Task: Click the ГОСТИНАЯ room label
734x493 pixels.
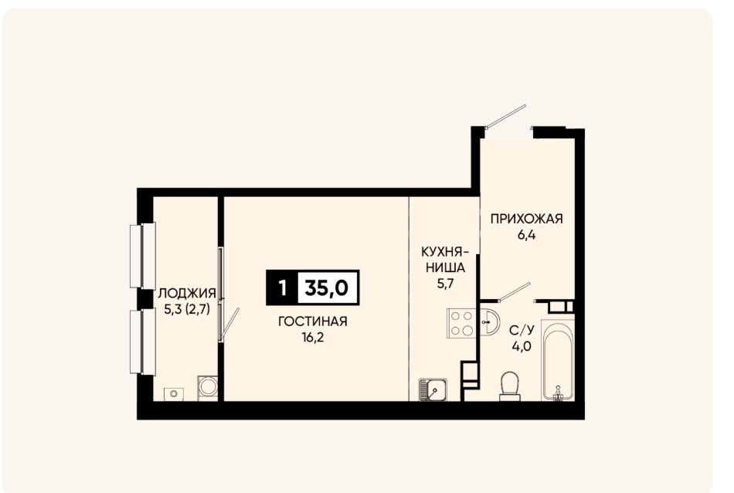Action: point(312,321)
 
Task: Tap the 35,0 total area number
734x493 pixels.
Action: point(327,288)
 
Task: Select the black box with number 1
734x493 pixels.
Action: point(282,288)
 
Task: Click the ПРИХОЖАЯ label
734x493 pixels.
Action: point(526,219)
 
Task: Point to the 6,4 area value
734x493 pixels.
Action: point(526,235)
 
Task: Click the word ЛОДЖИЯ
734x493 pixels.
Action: point(187,294)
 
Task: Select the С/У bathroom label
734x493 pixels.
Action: point(522,331)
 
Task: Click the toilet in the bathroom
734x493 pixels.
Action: point(510,386)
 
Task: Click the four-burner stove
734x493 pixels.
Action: point(461,322)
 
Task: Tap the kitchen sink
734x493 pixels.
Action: point(433,389)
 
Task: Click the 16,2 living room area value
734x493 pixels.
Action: point(313,337)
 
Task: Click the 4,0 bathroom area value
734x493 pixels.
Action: point(522,347)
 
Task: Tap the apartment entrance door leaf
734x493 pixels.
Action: point(507,116)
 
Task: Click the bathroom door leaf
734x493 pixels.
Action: point(514,291)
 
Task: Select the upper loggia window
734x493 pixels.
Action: point(142,256)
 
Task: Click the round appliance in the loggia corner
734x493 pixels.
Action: point(207,386)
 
